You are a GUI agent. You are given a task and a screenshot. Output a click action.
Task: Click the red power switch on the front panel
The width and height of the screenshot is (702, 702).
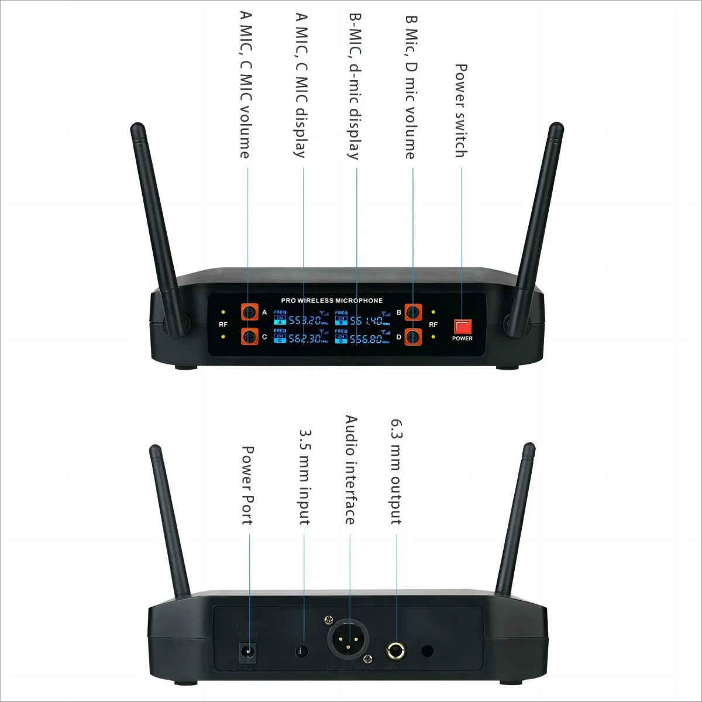(x=462, y=326)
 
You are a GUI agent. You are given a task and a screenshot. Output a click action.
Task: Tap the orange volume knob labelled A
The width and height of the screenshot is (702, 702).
(x=250, y=312)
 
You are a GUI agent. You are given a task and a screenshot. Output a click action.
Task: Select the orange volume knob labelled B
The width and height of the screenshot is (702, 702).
(x=414, y=312)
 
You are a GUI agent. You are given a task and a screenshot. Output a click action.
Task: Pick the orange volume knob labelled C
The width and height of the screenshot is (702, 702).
(x=250, y=336)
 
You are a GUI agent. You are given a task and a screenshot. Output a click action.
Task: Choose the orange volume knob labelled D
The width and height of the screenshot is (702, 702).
(x=414, y=336)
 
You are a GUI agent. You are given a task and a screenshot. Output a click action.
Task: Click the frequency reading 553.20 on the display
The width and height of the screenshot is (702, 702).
(x=305, y=321)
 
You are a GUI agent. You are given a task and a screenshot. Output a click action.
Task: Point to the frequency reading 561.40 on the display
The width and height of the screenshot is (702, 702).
(x=366, y=321)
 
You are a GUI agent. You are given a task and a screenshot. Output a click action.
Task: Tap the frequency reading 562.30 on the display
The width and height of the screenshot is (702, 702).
(x=305, y=339)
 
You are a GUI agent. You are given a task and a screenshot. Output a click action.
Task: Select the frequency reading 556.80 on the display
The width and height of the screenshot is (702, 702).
(x=366, y=339)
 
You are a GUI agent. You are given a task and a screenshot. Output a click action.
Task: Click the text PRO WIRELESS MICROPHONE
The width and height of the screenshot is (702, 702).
(x=332, y=301)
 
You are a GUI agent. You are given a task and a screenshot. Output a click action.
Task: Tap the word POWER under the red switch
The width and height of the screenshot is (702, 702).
(x=462, y=339)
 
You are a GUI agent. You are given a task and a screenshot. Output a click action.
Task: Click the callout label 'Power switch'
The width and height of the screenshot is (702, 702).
(x=461, y=111)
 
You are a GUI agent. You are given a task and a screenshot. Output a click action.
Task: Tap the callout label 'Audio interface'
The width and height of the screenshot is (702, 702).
(x=350, y=470)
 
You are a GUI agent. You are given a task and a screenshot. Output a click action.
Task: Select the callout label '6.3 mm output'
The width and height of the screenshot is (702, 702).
(x=397, y=472)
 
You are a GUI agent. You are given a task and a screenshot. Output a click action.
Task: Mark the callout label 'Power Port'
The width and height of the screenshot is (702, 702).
(x=247, y=486)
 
